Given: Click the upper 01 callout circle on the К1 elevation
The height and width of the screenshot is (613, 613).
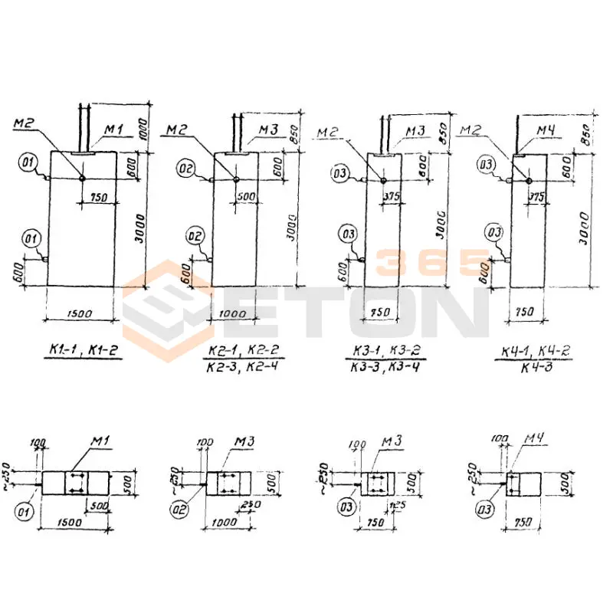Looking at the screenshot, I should point(29,162).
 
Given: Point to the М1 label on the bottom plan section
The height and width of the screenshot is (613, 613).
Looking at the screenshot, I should point(100,441).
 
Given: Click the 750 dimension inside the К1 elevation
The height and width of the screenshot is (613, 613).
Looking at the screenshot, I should point(98,198).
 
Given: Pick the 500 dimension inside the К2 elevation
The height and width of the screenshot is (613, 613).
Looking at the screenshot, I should point(245,196).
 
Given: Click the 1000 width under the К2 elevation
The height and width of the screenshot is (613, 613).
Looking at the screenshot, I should point(234,313).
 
